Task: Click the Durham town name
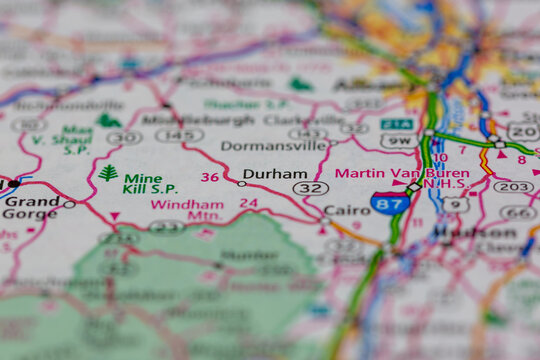(274, 172)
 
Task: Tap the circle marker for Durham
(241, 183)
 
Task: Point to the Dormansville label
(273, 145)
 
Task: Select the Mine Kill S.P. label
(150, 183)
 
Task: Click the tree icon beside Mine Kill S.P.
(108, 173)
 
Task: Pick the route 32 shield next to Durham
(310, 188)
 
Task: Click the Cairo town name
(347, 210)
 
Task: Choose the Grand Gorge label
(30, 207)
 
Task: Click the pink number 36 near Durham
(209, 177)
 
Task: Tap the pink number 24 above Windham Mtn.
(248, 203)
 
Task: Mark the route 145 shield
(179, 135)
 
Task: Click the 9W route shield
(397, 142)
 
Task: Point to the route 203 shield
(513, 186)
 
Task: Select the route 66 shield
(518, 212)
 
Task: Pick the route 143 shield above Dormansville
(307, 133)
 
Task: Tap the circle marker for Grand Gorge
(69, 204)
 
